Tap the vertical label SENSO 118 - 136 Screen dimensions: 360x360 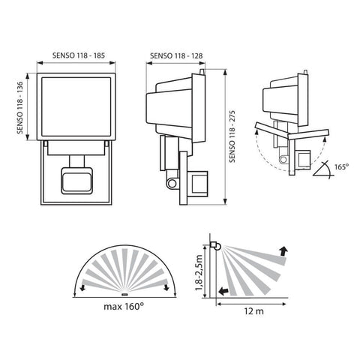[21, 106]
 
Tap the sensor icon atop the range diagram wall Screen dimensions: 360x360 [214, 244]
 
